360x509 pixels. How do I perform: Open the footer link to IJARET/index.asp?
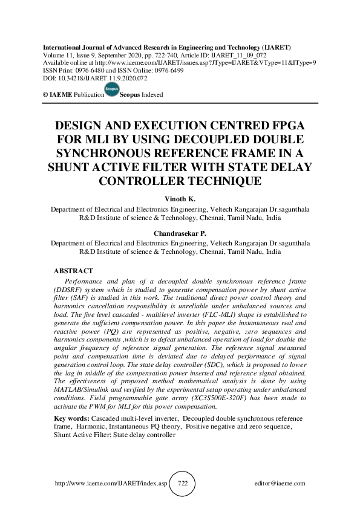[x=111, y=484]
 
